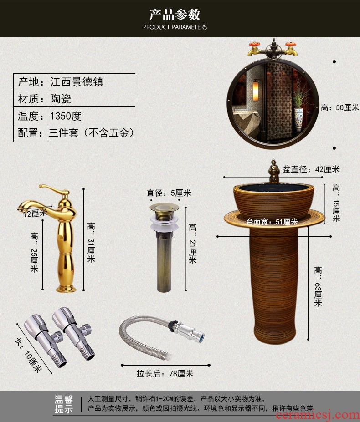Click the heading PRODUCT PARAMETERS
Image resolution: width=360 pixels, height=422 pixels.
[x=175, y=27]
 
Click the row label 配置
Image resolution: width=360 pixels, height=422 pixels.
[x=30, y=132]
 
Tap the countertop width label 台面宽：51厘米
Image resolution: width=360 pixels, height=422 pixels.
[x=272, y=222]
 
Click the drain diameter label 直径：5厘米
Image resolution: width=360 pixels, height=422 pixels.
[x=169, y=193]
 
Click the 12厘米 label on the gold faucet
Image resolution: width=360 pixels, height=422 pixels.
[x=35, y=213]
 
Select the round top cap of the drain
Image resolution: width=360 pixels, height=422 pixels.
[x=164, y=207]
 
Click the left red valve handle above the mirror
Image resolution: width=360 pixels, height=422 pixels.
[x=254, y=44]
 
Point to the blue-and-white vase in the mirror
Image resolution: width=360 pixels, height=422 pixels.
[x=298, y=120]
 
